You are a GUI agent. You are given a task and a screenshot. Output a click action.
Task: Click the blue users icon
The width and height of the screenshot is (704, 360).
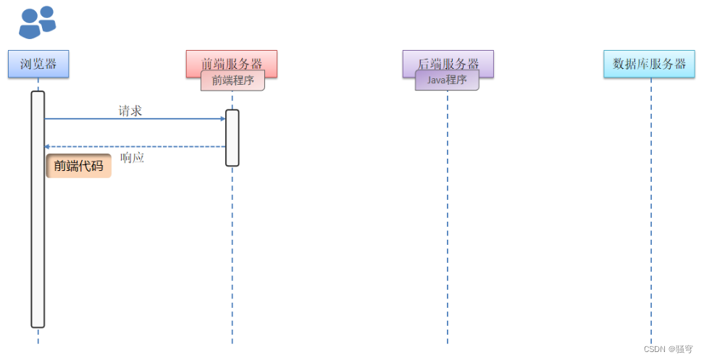click(x=37, y=22)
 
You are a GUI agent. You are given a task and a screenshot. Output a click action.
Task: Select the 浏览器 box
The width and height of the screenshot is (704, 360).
click(x=38, y=64)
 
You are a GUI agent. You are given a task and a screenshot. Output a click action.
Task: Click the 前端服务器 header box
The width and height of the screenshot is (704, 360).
click(x=232, y=61)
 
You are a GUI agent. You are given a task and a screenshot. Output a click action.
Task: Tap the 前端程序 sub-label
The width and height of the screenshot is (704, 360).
click(x=232, y=80)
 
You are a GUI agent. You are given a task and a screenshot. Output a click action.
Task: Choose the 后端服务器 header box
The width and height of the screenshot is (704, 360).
click(x=448, y=61)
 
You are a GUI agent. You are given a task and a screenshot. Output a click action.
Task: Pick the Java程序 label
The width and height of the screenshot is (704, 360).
click(x=447, y=80)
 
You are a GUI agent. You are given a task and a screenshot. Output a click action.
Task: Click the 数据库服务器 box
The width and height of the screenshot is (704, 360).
click(x=649, y=64)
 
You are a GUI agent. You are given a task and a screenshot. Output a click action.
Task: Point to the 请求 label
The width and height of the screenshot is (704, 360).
click(x=130, y=111)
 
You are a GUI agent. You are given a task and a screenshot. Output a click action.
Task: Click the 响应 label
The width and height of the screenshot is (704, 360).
click(x=133, y=158)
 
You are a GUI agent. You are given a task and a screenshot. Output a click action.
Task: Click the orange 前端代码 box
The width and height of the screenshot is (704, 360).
click(x=78, y=166)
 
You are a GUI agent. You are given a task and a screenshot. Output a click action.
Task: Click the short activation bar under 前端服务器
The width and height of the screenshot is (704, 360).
click(x=232, y=138)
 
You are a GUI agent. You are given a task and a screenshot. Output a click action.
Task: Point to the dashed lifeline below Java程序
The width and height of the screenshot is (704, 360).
click(x=447, y=217)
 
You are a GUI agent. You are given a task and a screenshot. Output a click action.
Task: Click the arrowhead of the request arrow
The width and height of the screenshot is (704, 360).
click(x=223, y=119)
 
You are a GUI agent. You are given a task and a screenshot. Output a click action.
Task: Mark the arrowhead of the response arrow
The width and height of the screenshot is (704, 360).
click(x=47, y=147)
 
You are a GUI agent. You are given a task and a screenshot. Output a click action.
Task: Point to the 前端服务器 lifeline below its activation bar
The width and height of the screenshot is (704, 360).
click(x=232, y=254)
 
